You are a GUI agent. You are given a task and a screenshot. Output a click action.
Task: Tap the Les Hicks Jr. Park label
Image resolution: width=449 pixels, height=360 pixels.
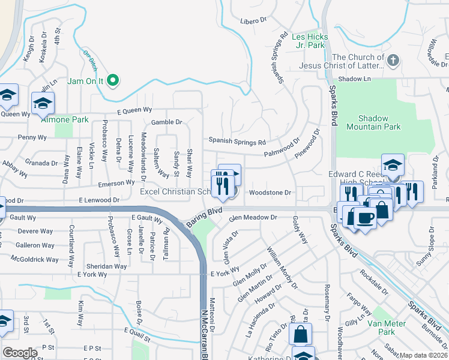pos(308,41)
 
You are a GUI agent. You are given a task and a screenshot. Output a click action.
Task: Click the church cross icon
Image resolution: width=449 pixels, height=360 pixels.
pos(393,60)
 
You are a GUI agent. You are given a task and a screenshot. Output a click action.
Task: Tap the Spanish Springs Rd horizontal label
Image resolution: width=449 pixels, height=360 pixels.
pos(237,142)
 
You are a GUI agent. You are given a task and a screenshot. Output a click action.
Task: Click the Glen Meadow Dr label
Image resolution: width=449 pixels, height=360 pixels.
pos(252,217)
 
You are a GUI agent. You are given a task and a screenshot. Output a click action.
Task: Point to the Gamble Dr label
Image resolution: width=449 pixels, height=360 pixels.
pos(166,122)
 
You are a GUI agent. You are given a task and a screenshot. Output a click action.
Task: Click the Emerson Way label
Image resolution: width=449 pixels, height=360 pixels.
pos(112,183)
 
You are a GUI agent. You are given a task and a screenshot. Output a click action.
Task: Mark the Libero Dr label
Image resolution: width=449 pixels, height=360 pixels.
pos(253,20)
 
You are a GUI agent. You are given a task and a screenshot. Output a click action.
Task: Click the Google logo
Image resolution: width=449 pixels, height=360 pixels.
pos(20,353)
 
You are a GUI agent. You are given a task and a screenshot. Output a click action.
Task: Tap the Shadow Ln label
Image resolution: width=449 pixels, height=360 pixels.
pos(354,79)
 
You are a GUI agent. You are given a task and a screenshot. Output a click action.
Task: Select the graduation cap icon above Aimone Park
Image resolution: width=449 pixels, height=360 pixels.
pos(43,104)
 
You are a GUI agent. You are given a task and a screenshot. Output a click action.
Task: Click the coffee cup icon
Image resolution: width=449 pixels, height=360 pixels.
pos(365,217)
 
